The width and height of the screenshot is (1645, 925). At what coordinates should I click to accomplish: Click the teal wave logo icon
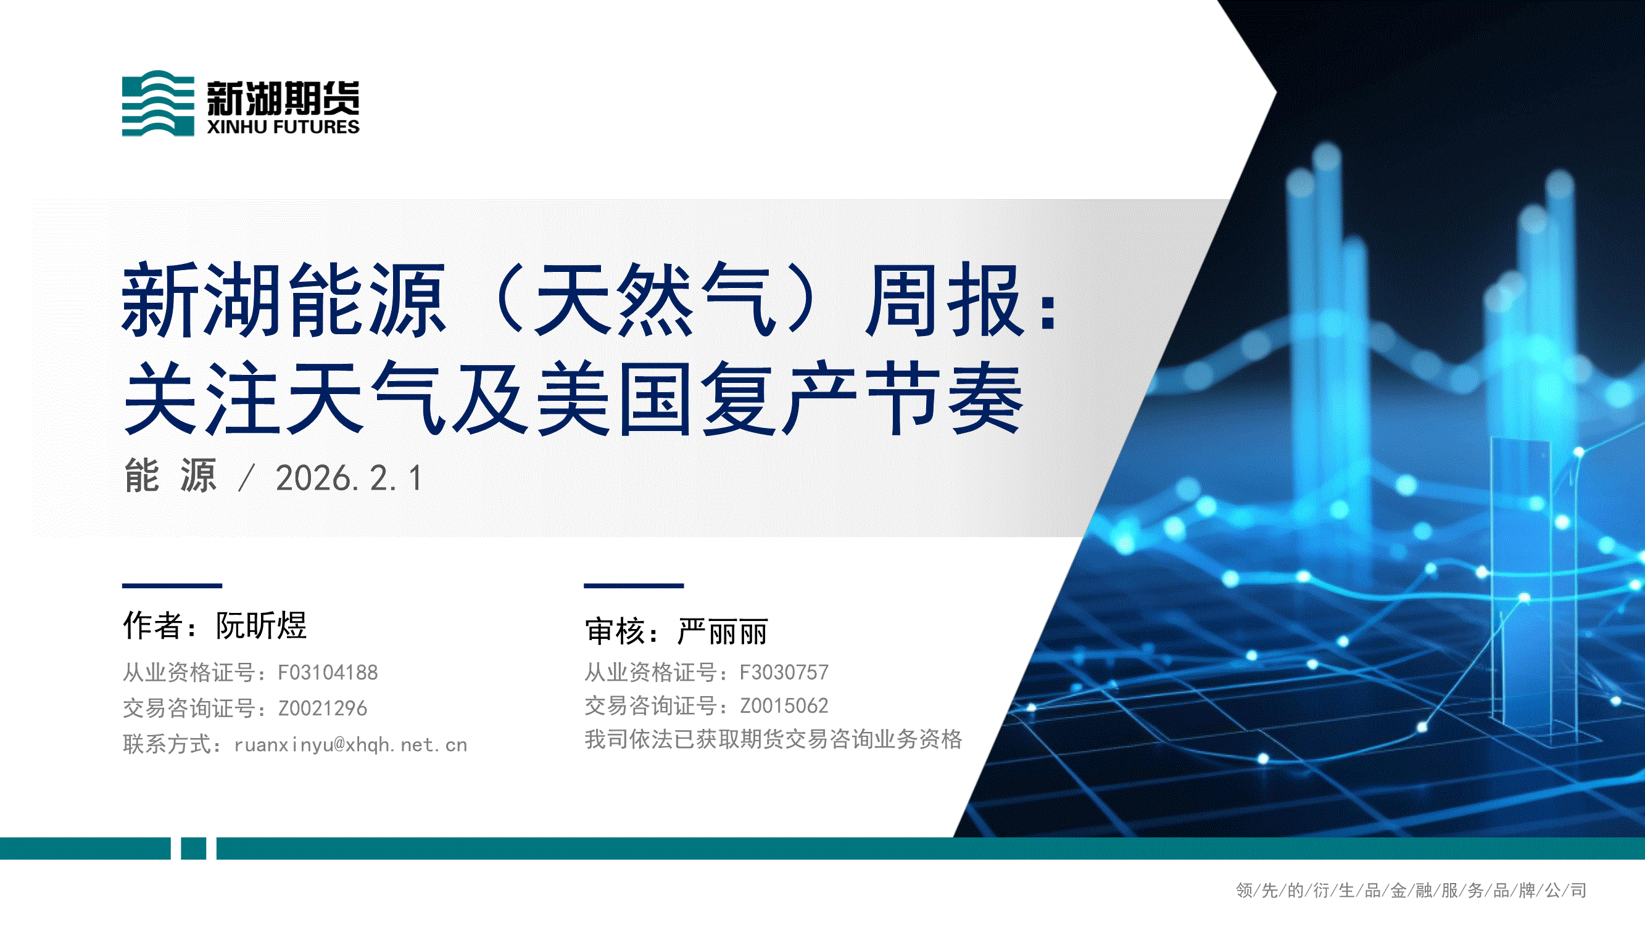point(158,103)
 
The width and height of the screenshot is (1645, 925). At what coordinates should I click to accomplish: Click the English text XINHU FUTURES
point(283,127)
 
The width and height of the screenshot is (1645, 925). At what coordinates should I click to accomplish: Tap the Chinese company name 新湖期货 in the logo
point(283,97)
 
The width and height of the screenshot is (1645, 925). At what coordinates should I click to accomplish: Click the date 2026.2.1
point(349,478)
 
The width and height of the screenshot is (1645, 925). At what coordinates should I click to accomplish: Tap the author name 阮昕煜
point(261,625)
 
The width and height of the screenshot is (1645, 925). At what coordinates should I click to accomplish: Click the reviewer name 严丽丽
point(723,631)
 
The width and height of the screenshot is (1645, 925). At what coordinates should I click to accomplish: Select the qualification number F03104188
point(328,672)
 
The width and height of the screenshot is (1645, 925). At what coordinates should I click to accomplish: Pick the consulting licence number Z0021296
point(323,708)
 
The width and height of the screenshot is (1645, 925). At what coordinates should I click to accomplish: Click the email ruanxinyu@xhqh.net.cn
point(350,744)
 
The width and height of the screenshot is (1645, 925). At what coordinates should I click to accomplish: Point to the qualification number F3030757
point(784,672)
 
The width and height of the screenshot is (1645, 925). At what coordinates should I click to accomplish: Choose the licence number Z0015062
point(784,705)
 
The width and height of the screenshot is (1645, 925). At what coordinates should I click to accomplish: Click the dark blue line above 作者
point(172,585)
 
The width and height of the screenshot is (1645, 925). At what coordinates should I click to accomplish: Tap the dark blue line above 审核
point(634,585)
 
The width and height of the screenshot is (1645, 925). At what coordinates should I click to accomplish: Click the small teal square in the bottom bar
point(194,849)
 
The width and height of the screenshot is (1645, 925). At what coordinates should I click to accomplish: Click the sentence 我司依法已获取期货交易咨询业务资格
point(773,739)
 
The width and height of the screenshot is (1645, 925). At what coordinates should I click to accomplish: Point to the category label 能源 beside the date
point(170,476)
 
